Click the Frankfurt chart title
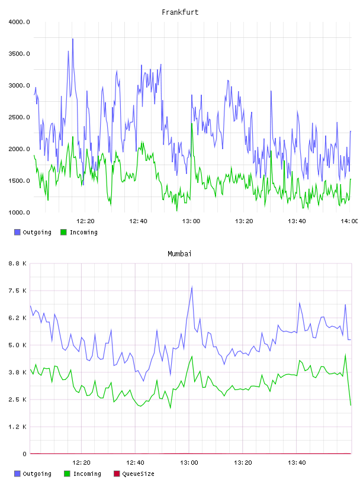(180, 12)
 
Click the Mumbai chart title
(179, 254)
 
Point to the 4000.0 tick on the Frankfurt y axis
(19, 22)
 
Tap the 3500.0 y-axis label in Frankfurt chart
(19, 54)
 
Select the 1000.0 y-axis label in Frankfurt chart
(19, 212)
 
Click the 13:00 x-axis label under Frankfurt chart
(191, 221)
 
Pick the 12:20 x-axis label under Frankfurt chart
(85, 221)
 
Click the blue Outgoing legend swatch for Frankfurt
(17, 232)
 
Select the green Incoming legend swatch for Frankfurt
(63, 232)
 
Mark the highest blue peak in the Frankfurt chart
(73, 39)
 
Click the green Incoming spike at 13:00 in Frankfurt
(192, 124)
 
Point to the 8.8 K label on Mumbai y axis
(17, 263)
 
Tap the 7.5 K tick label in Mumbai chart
(17, 291)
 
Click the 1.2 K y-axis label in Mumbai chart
(17, 427)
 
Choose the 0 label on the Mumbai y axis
(24, 454)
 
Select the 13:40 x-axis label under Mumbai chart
(297, 463)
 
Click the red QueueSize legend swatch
(117, 474)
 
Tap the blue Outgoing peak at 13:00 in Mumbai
(192, 287)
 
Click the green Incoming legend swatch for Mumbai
(67, 474)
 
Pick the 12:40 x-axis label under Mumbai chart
(135, 463)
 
